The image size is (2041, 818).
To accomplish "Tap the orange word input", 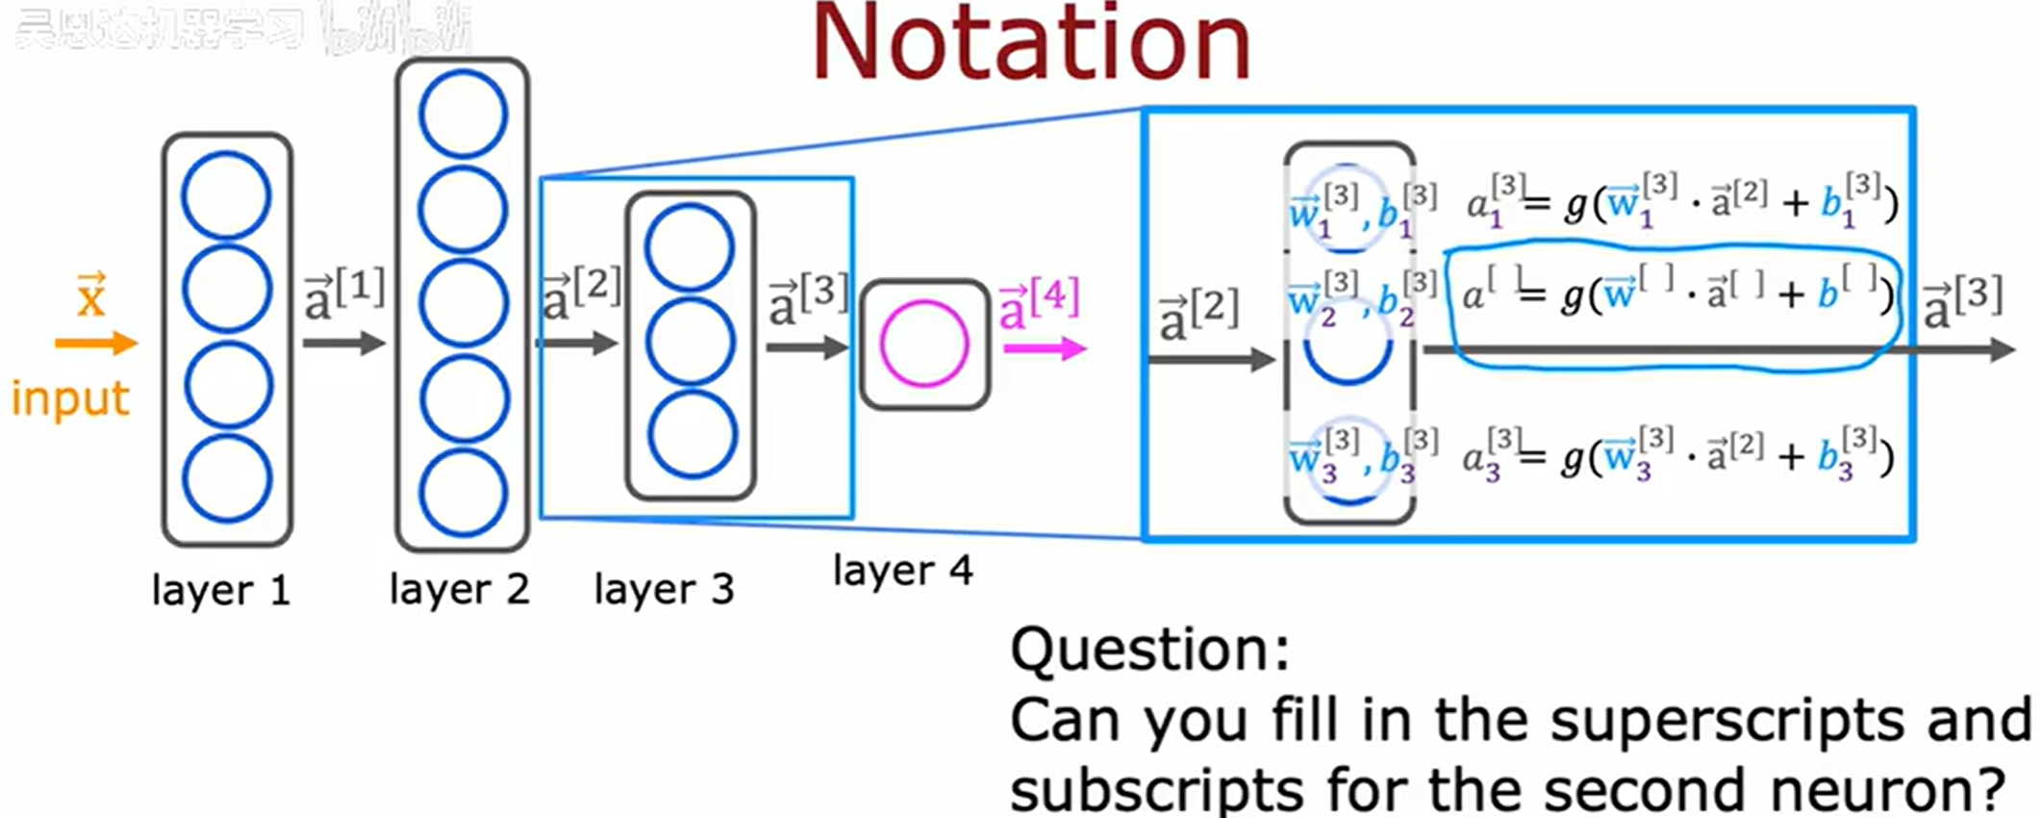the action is point(70,398).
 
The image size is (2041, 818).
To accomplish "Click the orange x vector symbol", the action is point(90,296).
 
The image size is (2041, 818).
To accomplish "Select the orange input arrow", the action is point(96,343).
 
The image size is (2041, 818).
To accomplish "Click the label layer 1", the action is point(220,590).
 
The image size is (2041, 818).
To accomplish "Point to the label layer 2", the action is point(459,589).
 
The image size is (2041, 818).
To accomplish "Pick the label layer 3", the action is point(664,589).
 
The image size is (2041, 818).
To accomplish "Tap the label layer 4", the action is point(902,571).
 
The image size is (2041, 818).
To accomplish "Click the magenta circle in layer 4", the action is point(923,344).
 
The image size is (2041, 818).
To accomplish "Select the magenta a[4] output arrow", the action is point(1045,348).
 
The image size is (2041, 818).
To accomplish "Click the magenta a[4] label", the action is point(1039,304).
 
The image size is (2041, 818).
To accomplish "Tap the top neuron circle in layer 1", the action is point(226,196).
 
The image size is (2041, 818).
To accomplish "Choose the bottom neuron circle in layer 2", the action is point(464,493).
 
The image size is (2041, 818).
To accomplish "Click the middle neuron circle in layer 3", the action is point(690,342).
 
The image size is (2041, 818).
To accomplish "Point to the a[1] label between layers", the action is point(344,294).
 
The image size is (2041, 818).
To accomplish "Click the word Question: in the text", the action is point(1149,650).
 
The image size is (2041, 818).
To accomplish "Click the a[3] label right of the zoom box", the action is point(1962,301).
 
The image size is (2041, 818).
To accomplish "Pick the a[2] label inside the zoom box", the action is point(1198,315).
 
